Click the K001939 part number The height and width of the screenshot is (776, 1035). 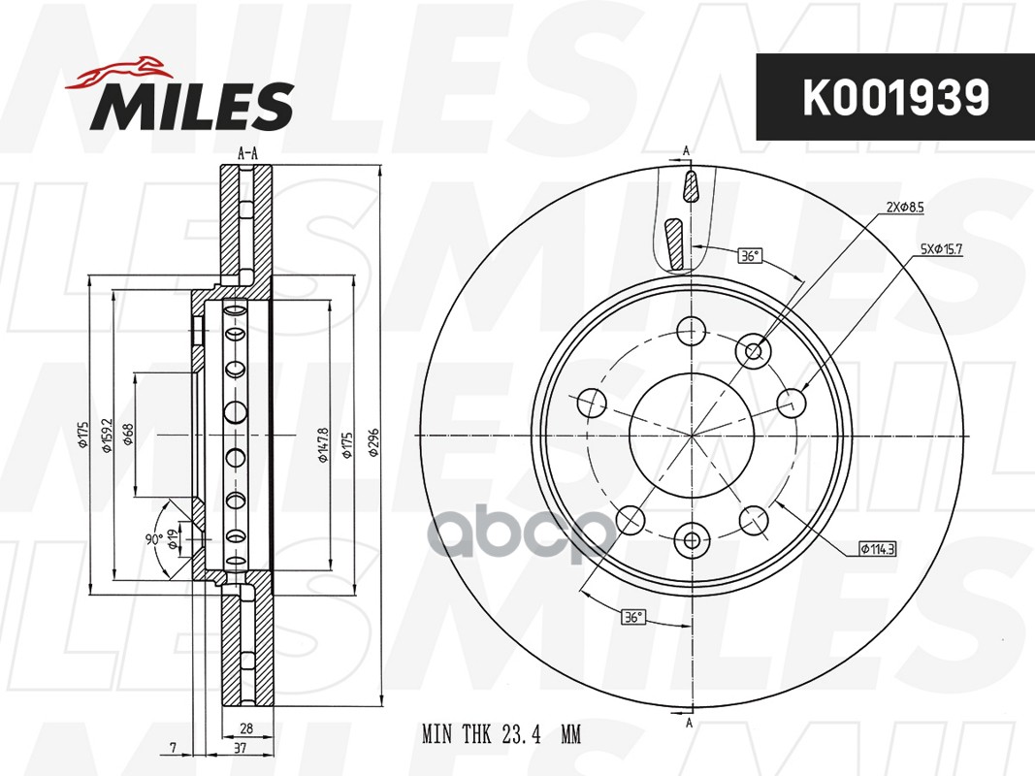[895, 98]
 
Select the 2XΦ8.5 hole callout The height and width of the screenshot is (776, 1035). [905, 208]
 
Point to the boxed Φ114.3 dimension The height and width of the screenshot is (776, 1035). [877, 548]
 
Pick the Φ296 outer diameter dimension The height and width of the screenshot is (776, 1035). [373, 442]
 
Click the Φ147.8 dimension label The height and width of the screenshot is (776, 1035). [323, 444]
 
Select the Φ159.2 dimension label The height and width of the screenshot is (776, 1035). [107, 436]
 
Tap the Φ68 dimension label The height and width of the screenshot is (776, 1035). [129, 434]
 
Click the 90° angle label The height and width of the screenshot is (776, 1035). [154, 539]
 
